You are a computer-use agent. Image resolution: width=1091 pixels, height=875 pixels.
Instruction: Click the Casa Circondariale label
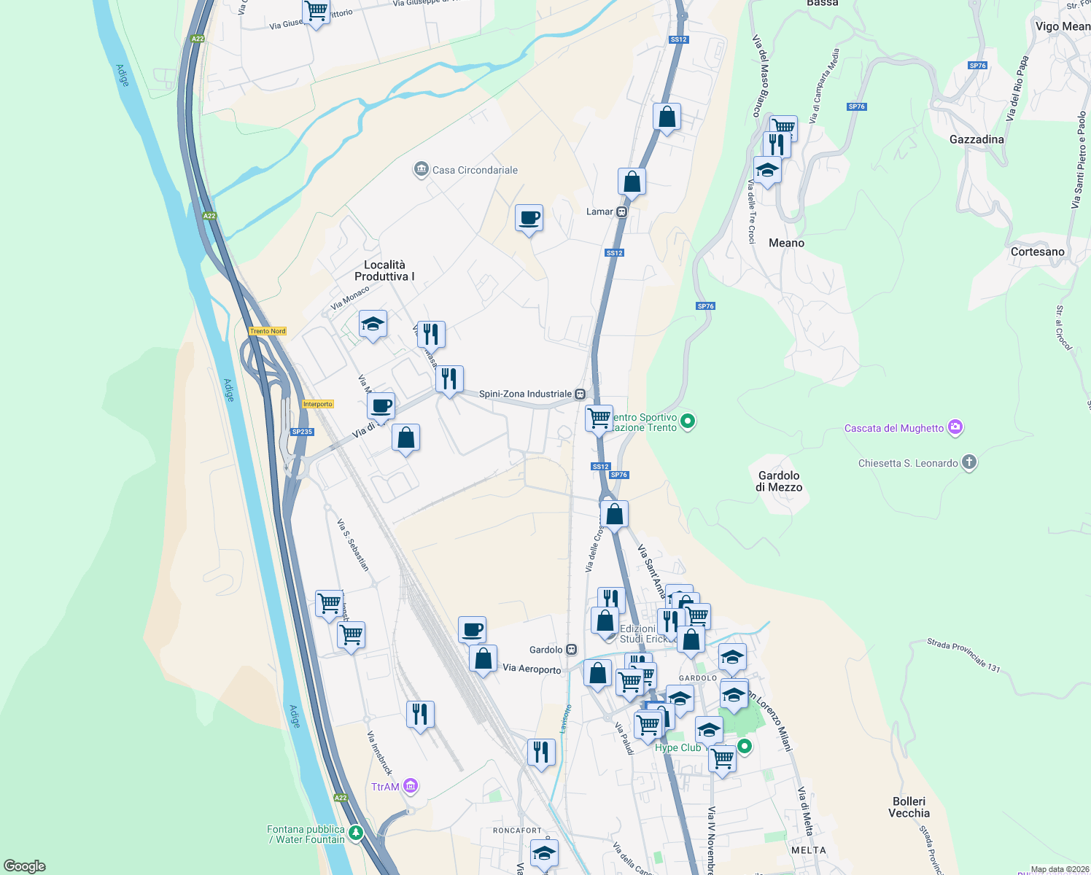coord(475,170)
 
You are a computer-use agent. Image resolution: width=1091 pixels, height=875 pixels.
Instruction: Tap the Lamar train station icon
coord(621,212)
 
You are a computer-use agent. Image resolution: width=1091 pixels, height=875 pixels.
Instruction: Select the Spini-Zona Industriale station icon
coord(580,394)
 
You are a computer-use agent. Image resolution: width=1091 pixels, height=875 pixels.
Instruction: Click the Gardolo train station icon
coord(572,650)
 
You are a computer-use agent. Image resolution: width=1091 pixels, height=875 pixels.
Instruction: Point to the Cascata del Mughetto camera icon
coord(955,428)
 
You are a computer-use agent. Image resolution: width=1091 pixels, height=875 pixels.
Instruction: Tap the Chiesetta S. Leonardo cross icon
coord(968,462)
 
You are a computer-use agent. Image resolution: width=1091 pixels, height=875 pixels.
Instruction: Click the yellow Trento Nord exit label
coord(268,331)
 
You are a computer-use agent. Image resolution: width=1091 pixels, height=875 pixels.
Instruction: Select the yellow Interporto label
coord(317,404)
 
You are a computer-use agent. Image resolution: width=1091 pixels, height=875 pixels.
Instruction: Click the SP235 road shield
coord(302,432)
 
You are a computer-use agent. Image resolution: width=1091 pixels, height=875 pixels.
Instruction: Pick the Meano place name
coord(786,243)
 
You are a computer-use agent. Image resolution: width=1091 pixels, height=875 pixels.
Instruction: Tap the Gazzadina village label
coord(977,139)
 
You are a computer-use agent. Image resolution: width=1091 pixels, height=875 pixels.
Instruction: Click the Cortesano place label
coord(1037,252)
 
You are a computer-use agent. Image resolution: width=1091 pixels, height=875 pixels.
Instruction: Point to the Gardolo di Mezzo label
coord(779,481)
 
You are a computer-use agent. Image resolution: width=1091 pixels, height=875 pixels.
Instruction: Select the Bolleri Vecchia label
coord(909,807)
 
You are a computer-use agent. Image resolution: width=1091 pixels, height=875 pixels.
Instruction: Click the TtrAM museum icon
coord(411,786)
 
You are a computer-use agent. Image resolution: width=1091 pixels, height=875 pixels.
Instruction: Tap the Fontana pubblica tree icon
coord(355,832)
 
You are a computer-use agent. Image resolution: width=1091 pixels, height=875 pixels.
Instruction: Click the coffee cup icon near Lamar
coord(529,217)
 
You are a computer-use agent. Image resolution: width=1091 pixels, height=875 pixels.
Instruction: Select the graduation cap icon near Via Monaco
coord(373,324)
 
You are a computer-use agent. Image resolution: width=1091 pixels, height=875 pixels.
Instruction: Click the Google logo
coord(25,866)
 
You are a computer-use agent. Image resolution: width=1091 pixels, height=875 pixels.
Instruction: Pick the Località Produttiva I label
coord(384,271)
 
